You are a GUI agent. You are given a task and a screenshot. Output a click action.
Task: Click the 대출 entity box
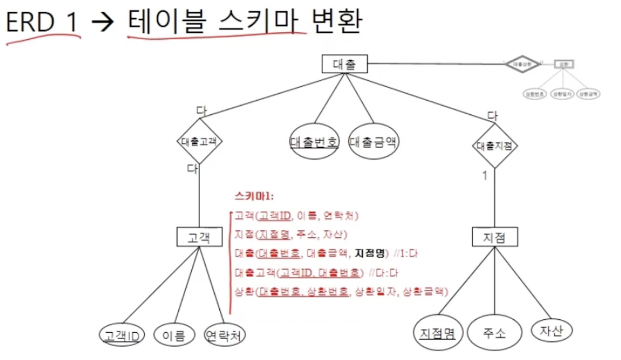click(344, 64)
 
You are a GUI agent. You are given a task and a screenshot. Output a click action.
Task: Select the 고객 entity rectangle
click(199, 237)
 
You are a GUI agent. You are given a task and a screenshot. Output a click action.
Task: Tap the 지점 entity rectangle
click(495, 237)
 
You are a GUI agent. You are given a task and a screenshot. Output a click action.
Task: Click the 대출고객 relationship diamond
click(199, 141)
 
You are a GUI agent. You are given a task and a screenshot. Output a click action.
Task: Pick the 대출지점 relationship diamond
click(495, 146)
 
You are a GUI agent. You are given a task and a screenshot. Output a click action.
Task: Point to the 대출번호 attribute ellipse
click(314, 142)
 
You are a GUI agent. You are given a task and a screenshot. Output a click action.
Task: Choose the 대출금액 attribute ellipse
click(373, 142)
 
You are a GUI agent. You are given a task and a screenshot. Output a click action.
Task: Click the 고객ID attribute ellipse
click(122, 335)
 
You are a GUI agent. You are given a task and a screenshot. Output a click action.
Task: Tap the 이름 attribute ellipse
click(174, 335)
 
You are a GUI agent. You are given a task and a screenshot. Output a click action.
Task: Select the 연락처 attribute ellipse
click(225, 335)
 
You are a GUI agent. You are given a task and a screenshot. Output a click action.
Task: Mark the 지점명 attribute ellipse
click(438, 333)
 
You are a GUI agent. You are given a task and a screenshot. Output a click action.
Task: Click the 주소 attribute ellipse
click(494, 333)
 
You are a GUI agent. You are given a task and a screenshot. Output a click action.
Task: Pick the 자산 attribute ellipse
click(551, 330)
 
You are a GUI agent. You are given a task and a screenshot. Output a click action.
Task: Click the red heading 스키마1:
click(254, 196)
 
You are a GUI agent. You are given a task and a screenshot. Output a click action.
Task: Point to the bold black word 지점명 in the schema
click(370, 253)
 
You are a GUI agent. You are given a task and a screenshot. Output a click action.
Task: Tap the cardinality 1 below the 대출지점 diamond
click(484, 175)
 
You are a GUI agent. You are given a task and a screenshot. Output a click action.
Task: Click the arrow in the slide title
click(103, 22)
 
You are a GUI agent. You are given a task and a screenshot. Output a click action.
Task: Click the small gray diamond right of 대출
click(522, 64)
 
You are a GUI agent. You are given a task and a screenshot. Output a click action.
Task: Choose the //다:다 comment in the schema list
click(383, 273)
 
